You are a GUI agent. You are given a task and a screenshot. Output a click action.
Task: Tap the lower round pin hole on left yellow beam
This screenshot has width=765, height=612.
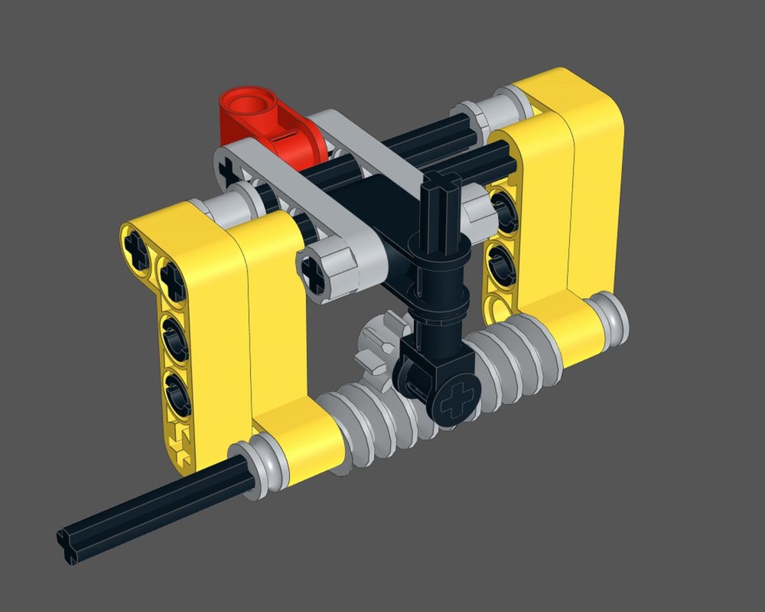tap(176, 387)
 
